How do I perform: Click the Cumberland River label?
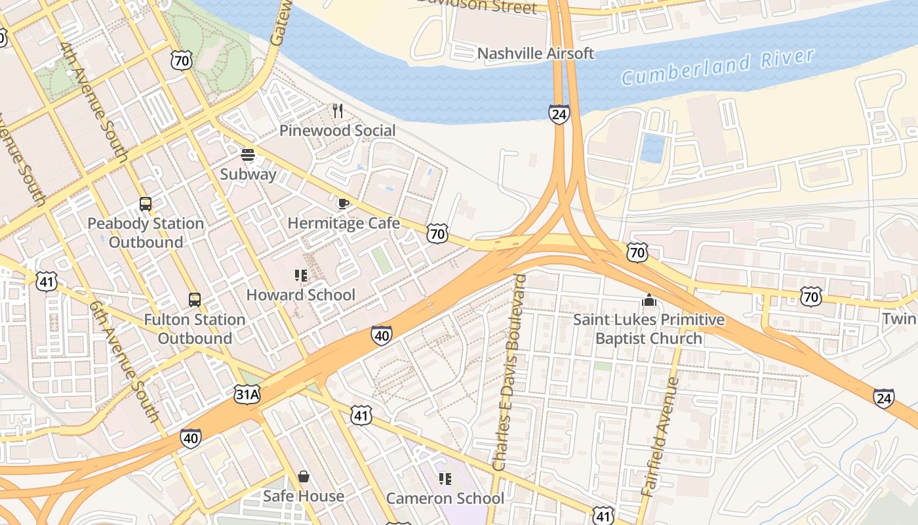(x=718, y=66)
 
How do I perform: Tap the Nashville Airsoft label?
(x=536, y=53)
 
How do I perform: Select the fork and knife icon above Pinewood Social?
(x=338, y=111)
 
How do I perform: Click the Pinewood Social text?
(x=338, y=131)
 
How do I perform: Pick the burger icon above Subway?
(x=248, y=155)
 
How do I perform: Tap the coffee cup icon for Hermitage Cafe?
(x=343, y=203)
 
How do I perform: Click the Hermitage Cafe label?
(x=344, y=223)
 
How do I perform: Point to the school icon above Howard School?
(x=301, y=276)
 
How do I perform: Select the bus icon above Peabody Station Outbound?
(x=146, y=204)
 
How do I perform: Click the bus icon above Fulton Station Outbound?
(x=195, y=300)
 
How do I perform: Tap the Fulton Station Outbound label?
(x=195, y=329)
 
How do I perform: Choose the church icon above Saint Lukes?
(x=649, y=301)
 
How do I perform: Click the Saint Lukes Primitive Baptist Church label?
(x=649, y=329)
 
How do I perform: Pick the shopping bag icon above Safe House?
(x=304, y=476)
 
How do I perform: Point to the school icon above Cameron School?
(x=445, y=479)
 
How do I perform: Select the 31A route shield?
(x=247, y=394)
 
